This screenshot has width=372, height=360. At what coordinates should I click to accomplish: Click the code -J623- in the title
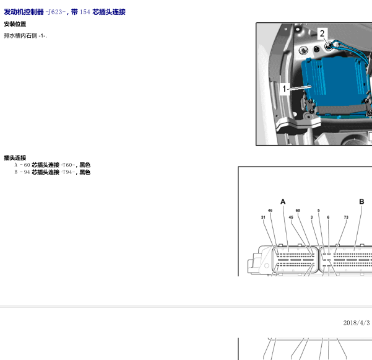56,12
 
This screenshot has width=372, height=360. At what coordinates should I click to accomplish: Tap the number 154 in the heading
85,12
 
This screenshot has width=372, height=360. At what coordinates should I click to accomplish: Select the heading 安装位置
15,24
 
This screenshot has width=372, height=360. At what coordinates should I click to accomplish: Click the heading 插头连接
15,157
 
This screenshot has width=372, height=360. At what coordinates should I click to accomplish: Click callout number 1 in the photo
284,89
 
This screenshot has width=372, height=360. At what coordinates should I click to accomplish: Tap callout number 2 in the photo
322,33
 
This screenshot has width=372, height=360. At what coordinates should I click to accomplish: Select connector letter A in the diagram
283,201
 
